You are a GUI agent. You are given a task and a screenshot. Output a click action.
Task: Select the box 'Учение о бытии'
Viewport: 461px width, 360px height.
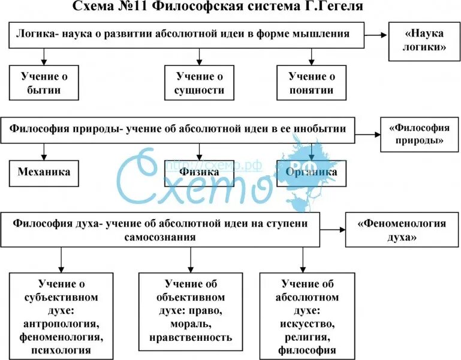click(44, 83)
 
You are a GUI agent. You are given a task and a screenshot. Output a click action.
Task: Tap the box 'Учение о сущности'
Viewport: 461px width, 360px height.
click(200, 83)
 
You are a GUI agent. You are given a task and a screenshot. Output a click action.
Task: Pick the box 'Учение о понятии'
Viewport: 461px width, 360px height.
click(311, 83)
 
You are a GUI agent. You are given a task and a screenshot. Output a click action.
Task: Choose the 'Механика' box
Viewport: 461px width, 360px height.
click(44, 172)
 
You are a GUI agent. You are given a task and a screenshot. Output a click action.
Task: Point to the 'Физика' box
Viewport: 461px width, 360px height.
click(200, 172)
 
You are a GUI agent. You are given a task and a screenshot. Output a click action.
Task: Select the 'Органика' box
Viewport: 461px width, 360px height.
click(311, 172)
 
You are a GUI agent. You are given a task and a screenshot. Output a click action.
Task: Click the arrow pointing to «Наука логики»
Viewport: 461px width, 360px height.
click(376, 35)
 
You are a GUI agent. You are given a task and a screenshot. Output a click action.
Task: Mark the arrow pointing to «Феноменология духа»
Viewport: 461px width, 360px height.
click(333, 229)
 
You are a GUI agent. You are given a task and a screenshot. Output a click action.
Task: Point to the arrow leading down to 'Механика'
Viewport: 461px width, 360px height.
click(43, 151)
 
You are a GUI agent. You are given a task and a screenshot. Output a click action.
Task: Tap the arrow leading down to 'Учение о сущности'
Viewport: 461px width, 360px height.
click(200, 56)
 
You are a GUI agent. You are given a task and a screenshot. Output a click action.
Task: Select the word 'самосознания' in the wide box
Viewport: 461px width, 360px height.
click(162, 237)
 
